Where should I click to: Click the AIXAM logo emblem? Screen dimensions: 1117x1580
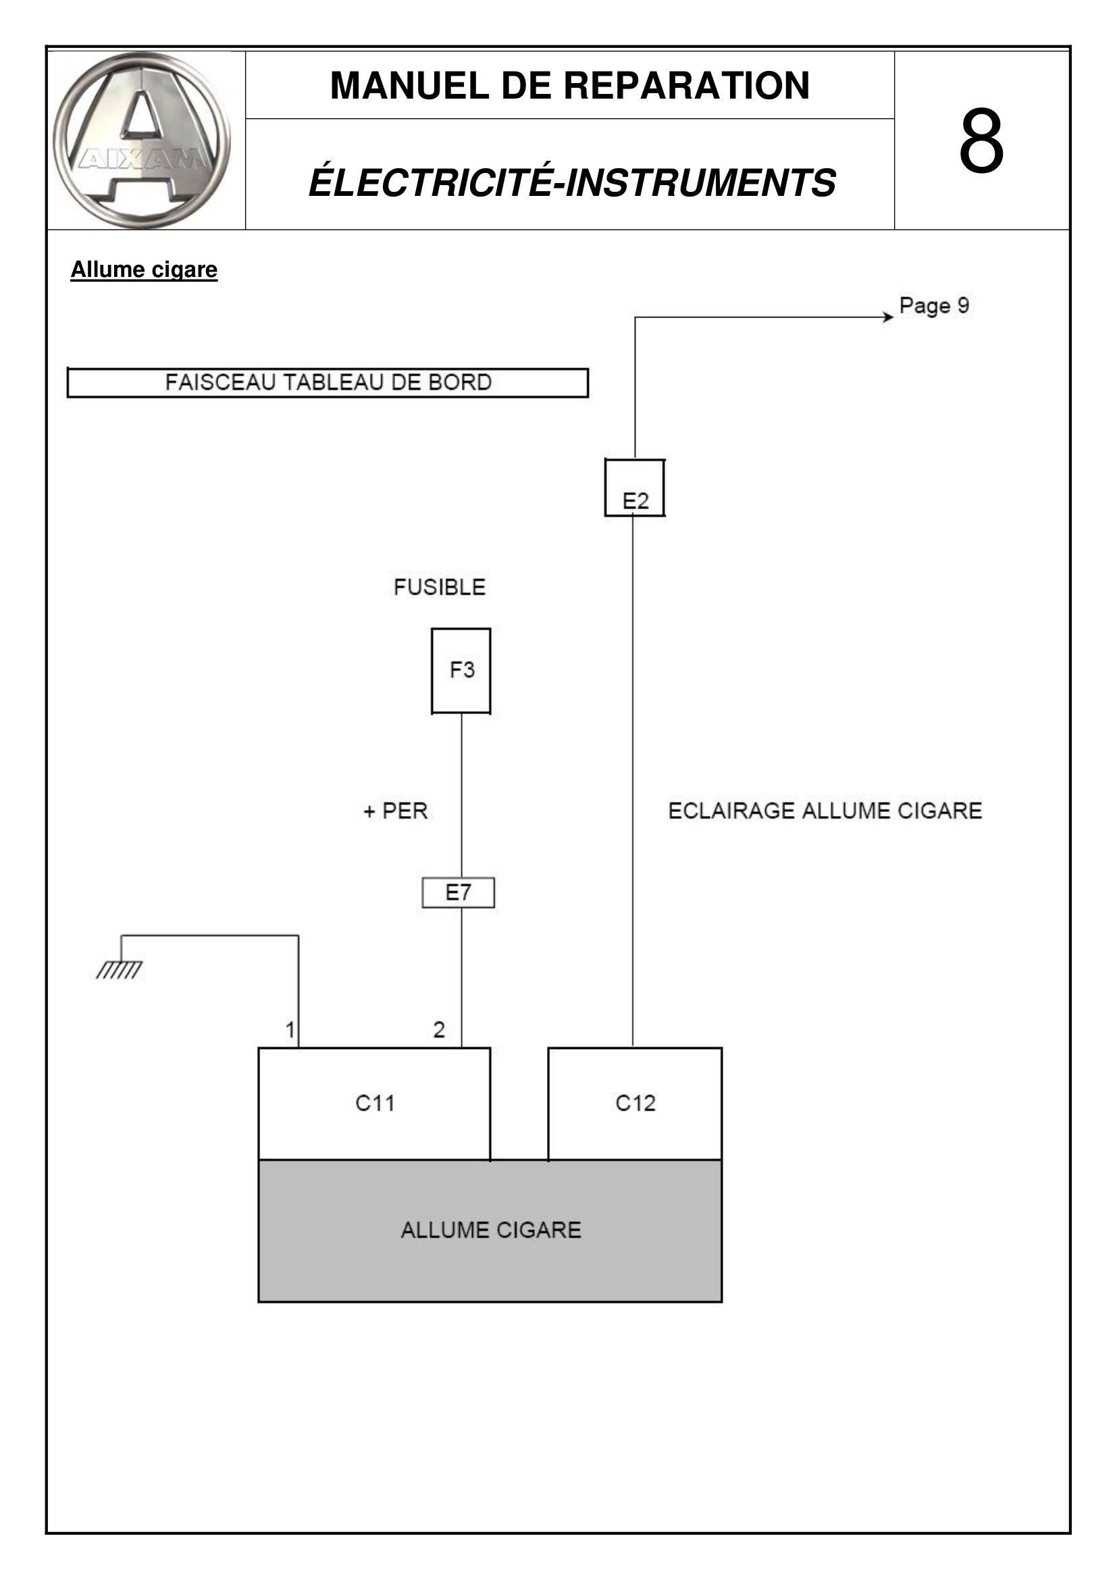[x=142, y=141]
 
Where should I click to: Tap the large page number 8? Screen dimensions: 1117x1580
[x=981, y=141]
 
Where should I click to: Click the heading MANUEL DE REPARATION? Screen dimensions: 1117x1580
[x=569, y=85]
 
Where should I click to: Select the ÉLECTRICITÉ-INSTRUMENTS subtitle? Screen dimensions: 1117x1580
[x=572, y=182]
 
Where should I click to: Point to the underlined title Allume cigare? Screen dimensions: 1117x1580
[x=144, y=270]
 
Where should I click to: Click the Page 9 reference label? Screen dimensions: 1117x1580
[x=934, y=305]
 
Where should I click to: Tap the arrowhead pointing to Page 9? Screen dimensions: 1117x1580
[x=889, y=317]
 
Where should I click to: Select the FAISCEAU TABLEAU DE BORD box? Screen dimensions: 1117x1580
[x=328, y=382]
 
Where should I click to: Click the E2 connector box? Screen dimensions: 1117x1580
[x=634, y=487]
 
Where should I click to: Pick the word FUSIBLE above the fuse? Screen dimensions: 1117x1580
[x=440, y=587]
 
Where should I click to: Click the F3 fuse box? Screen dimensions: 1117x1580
[x=461, y=671]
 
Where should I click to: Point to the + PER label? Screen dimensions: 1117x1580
[x=396, y=811]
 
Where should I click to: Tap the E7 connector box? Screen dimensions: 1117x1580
[x=458, y=892]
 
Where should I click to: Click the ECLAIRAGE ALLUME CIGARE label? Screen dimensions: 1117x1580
[x=825, y=811]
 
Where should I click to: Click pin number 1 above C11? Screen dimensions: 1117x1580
[x=290, y=1029]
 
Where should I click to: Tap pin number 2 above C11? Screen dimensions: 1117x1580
[x=439, y=1029]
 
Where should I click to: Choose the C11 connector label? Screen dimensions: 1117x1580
[x=375, y=1103]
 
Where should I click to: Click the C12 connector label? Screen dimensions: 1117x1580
[x=635, y=1103]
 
